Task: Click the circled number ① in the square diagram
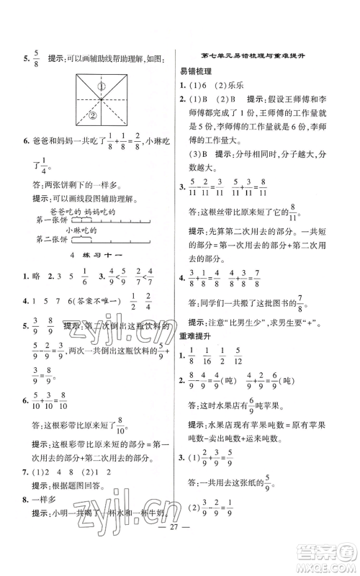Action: (102, 88)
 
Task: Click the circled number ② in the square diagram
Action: (93, 112)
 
